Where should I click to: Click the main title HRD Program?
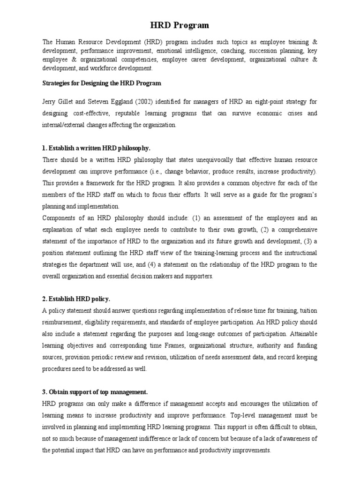[x=180, y=25]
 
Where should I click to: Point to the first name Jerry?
[x=50, y=102]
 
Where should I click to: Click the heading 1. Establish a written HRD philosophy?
[x=96, y=148]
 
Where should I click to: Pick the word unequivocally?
[x=199, y=160]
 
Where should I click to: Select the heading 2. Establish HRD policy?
[x=76, y=299]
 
